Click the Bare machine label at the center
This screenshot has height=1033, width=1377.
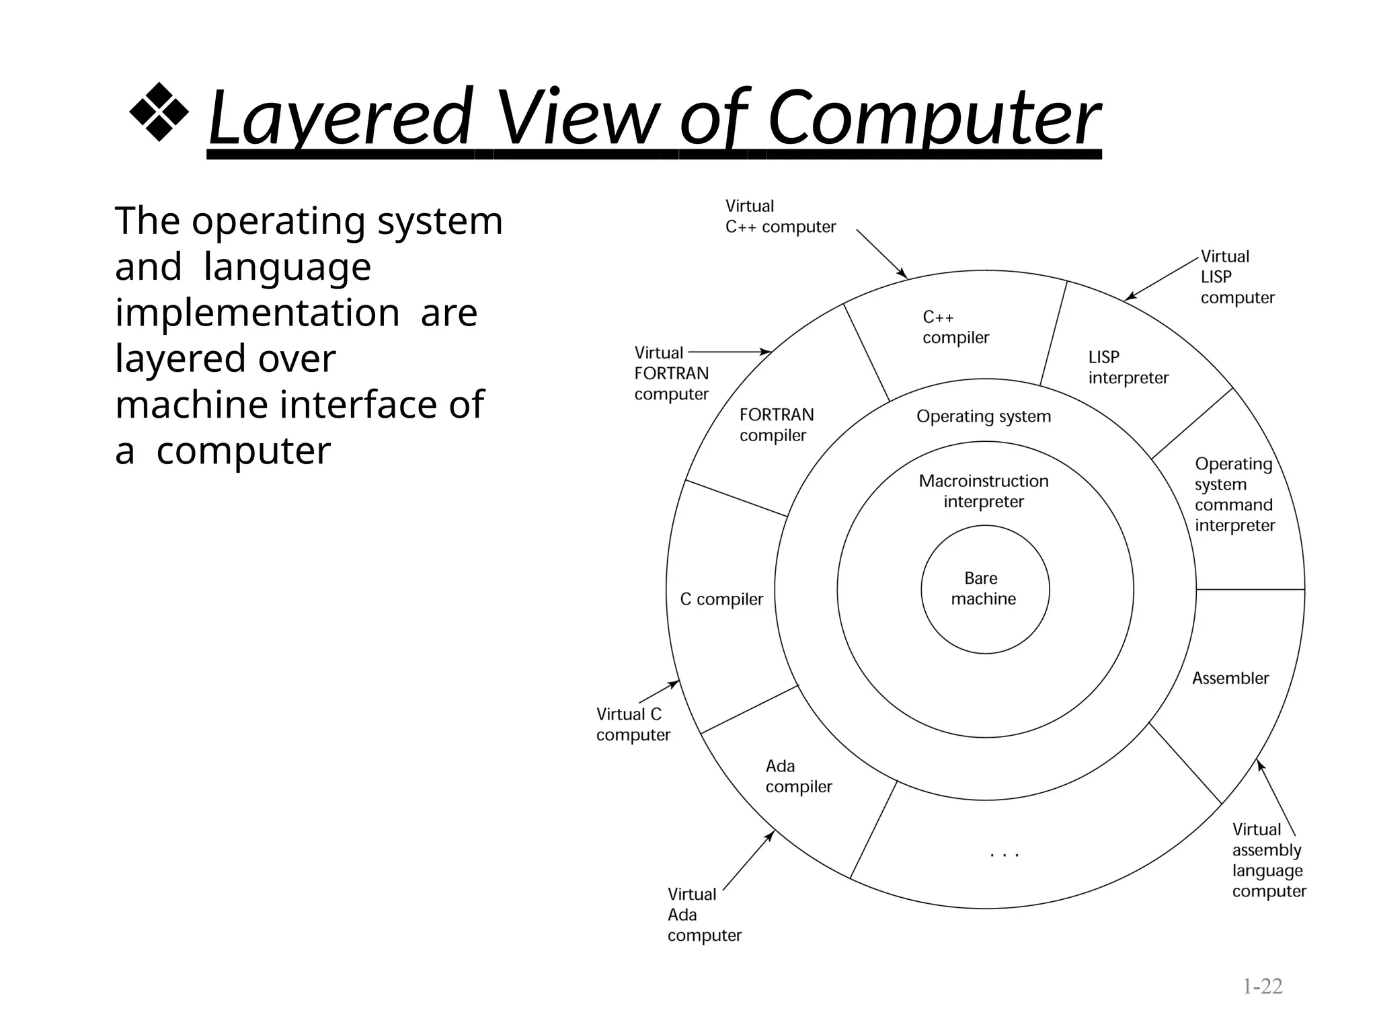[983, 588]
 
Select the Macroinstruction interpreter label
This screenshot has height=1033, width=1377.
[984, 492]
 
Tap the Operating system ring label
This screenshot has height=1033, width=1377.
[984, 416]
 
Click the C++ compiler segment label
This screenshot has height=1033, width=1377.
[955, 328]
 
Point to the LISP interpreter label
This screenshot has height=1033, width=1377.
[1128, 368]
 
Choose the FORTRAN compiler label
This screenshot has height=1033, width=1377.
[776, 425]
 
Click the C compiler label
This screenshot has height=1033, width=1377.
[721, 599]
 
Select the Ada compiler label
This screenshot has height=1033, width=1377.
[798, 777]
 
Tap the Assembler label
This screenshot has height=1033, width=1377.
[1230, 679]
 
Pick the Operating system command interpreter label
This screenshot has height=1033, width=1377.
[1234, 494]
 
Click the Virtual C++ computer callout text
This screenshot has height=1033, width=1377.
[780, 217]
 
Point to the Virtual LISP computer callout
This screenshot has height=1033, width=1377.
[1237, 277]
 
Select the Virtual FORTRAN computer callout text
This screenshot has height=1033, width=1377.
[671, 374]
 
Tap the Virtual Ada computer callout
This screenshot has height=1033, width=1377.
[704, 915]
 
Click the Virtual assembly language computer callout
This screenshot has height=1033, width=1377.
[1269, 860]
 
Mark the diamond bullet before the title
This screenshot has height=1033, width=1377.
[159, 112]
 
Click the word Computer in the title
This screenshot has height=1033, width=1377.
[933, 118]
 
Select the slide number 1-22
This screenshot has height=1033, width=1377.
[1262, 987]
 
